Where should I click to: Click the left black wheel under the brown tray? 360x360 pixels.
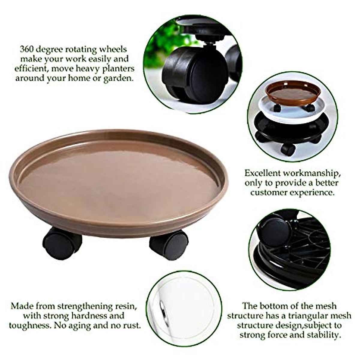[62, 243]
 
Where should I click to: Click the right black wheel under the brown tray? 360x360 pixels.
[169, 245]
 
